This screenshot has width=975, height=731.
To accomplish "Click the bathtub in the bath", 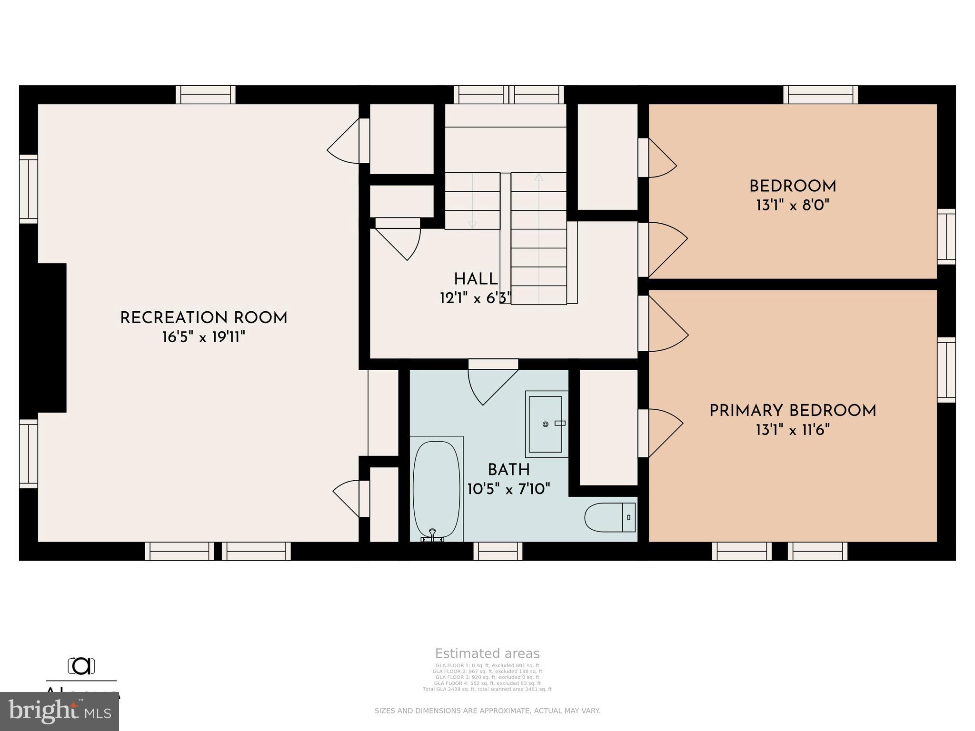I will [x=437, y=489].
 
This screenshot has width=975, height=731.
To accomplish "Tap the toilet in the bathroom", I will [x=610, y=517].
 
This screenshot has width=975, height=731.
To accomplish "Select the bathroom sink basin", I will [x=546, y=424].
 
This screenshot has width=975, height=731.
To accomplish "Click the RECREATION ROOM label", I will [x=204, y=318].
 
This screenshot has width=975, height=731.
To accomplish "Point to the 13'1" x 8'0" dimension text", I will [x=793, y=206].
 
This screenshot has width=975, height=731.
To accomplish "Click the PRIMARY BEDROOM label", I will [x=793, y=411].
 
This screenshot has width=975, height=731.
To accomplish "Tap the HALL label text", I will [x=476, y=279].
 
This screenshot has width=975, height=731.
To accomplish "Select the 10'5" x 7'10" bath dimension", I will [x=508, y=489].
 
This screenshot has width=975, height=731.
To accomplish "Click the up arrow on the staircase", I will [x=538, y=178].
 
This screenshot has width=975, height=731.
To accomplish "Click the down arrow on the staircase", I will [x=472, y=224].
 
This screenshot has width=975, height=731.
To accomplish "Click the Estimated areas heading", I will [x=487, y=653].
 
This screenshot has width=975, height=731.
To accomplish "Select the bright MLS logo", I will [x=60, y=711].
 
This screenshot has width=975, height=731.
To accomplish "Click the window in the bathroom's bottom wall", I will [x=497, y=551].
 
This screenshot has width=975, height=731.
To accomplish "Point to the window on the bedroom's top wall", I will [x=820, y=94].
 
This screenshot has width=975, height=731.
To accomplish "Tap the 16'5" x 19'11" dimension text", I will [x=204, y=337].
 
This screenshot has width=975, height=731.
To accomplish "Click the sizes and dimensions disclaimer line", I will [x=487, y=711].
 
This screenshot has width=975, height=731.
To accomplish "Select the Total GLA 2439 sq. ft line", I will [x=487, y=689].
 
